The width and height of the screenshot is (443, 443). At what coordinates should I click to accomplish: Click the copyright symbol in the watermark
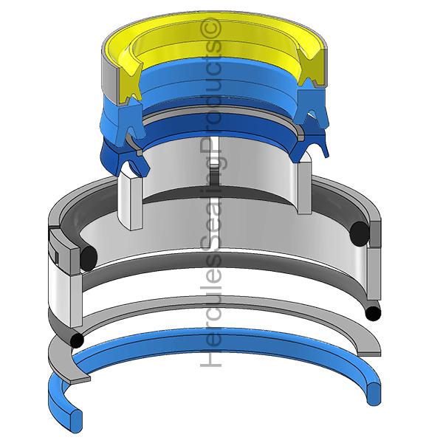(210, 27)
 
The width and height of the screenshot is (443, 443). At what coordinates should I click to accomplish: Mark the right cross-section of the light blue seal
(310, 105)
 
